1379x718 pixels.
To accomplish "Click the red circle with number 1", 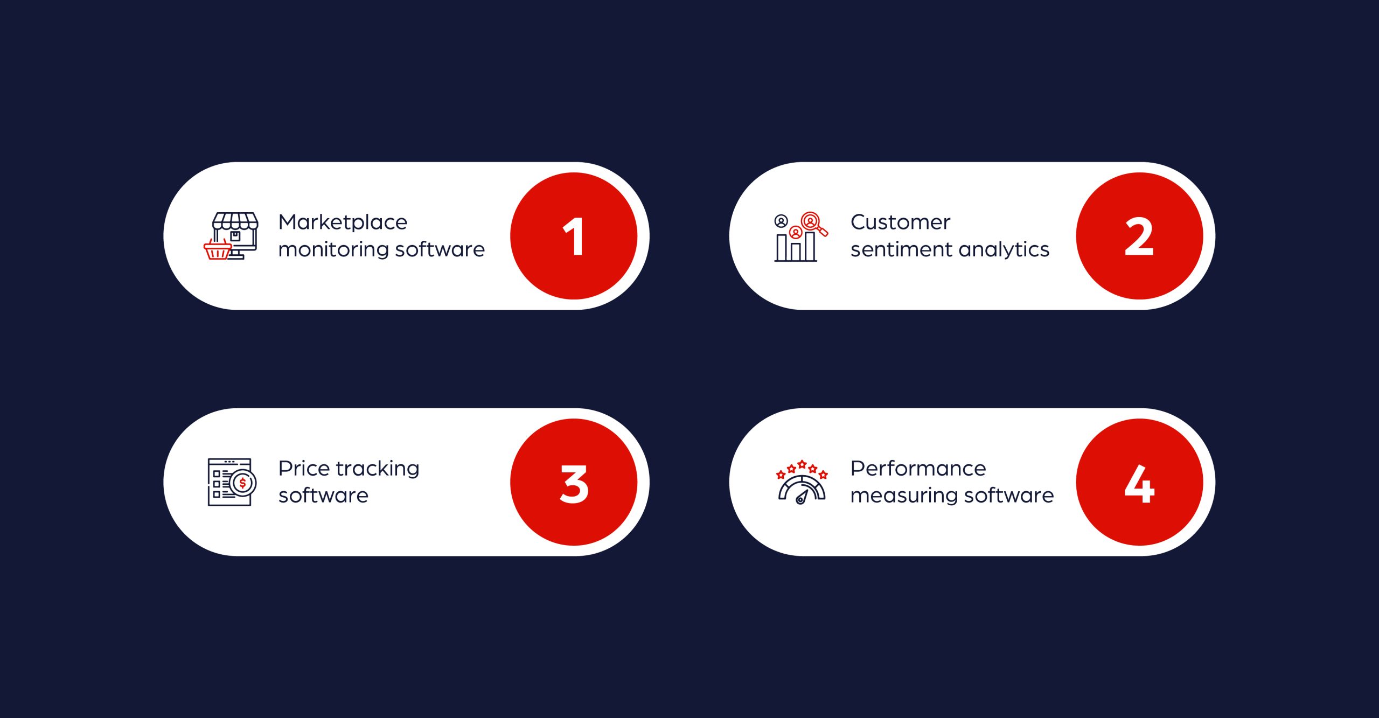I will point(574,236).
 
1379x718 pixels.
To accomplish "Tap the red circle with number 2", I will point(1139,236).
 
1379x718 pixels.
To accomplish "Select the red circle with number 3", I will point(574,482).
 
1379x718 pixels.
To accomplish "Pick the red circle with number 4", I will point(1139,482).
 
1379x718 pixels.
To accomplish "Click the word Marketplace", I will point(343,222).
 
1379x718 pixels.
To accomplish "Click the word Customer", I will point(900,222).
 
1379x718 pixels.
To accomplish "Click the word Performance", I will point(918,468).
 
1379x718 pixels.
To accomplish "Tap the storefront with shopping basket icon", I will point(232,236).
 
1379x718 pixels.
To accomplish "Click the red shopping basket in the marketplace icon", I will point(218,250).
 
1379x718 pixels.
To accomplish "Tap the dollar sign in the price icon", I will point(243,483).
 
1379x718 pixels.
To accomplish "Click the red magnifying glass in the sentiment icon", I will point(813,222).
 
